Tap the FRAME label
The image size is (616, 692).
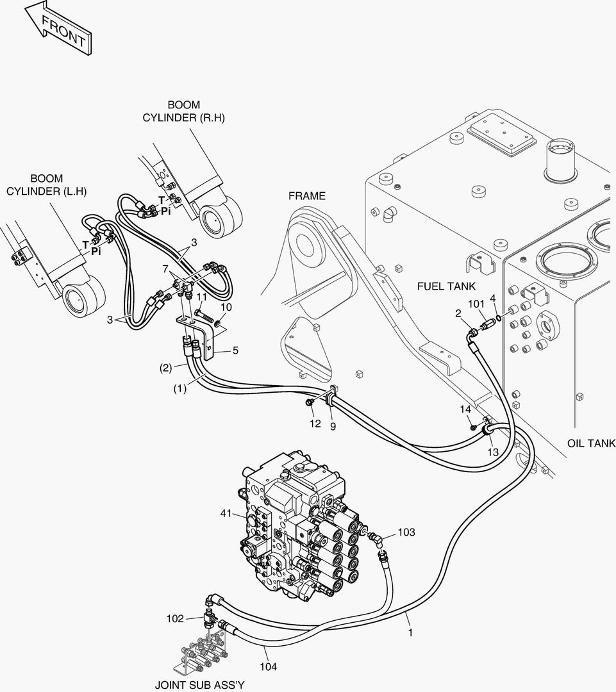(307, 196)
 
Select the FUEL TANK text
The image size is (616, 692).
(446, 286)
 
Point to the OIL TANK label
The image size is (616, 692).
(591, 443)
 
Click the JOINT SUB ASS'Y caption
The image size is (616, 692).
(199, 685)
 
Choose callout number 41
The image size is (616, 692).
(226, 513)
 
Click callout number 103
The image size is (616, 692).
(406, 532)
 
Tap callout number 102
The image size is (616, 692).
(175, 619)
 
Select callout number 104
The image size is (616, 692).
(268, 666)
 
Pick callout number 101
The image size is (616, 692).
(476, 304)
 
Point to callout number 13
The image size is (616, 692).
(493, 452)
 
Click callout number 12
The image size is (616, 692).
(315, 424)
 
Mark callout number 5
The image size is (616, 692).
(235, 350)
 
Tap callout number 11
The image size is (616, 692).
(202, 297)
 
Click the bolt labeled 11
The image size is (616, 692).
(204, 315)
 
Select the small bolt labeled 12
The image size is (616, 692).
(310, 401)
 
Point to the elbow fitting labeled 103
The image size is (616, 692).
(376, 540)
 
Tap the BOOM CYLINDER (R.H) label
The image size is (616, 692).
(184, 111)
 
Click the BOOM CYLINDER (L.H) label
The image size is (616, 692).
(46, 185)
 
